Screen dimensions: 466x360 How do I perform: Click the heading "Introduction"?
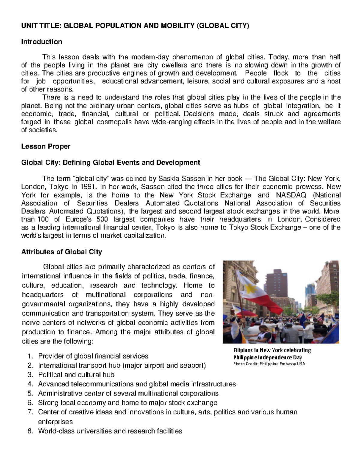click(41, 42)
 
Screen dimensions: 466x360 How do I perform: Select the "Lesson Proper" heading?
click(46, 146)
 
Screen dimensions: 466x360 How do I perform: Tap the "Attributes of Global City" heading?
click(61, 252)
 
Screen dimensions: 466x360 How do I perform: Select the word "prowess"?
click(310, 187)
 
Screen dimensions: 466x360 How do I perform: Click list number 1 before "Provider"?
click(29, 356)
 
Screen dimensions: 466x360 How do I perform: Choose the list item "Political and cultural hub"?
click(76, 375)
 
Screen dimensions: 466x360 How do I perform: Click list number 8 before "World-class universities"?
click(29, 431)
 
